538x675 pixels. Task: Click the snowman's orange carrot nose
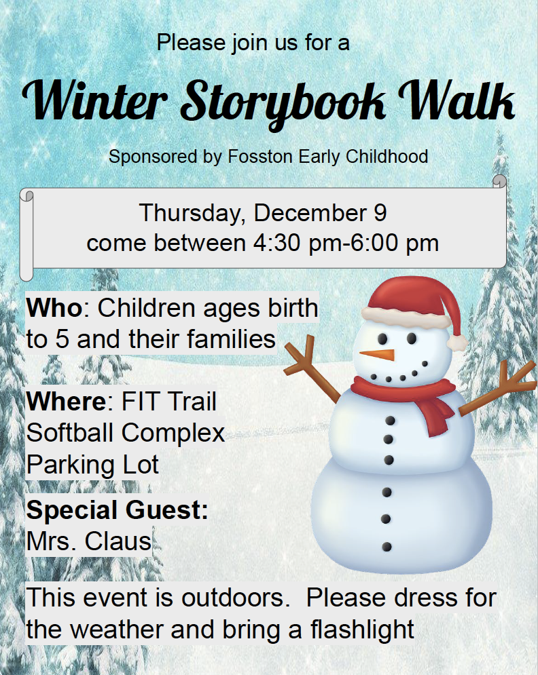[x=378, y=355]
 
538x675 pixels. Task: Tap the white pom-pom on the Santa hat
[x=457, y=343]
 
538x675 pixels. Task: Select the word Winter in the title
[x=95, y=100]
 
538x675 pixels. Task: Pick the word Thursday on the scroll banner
[x=192, y=214]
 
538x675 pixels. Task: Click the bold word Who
[x=54, y=308]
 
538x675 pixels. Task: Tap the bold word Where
[x=66, y=401]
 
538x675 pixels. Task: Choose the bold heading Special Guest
[x=118, y=511]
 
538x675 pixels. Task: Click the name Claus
[x=118, y=541]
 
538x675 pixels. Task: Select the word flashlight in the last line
[x=362, y=630]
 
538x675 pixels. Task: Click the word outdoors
[x=235, y=598]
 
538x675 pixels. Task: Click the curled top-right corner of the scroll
[x=499, y=181]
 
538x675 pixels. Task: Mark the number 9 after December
[x=380, y=214]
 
